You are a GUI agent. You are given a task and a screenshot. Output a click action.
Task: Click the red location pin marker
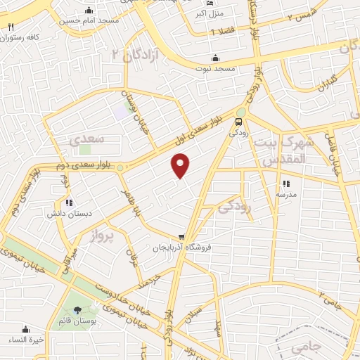(x=181, y=165)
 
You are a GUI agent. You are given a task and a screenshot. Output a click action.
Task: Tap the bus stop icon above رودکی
(x=238, y=120)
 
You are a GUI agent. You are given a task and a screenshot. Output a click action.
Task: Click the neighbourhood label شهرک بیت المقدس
(x=281, y=151)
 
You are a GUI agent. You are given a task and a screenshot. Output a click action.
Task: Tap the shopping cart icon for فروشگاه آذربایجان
(x=181, y=238)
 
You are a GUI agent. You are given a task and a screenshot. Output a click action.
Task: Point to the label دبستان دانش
(x=65, y=212)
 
